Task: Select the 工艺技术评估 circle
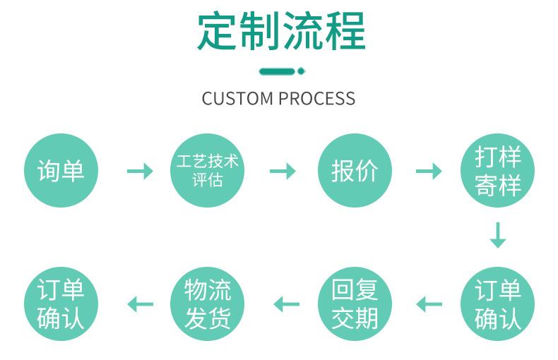(207, 170)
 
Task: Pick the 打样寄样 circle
(498, 170)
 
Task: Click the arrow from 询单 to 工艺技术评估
(139, 171)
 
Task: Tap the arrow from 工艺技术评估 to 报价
(283, 171)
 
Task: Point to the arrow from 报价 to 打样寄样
(429, 171)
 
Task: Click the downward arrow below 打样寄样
(498, 235)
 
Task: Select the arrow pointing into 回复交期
(429, 304)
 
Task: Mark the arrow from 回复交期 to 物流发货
(286, 304)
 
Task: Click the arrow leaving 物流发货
(140, 304)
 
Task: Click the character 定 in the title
(217, 32)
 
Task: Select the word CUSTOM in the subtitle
(237, 98)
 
